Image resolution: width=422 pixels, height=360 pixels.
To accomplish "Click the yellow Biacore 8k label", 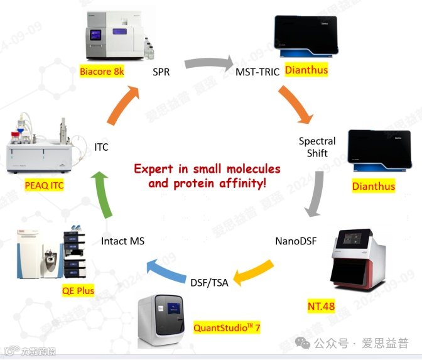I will click(102, 72).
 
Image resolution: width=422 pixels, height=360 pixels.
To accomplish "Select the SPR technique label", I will click(161, 72).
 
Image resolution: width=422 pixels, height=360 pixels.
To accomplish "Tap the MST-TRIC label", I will click(257, 71).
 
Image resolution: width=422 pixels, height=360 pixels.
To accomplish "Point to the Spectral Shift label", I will click(317, 147).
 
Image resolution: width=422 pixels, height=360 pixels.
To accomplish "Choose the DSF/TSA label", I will click(209, 282).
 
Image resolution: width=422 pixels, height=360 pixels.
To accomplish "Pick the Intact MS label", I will click(122, 241).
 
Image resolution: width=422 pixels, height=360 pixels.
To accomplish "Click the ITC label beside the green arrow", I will click(101, 147).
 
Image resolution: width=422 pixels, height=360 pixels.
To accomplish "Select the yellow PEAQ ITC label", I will click(44, 186).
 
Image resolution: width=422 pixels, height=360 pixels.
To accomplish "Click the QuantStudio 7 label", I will click(227, 327).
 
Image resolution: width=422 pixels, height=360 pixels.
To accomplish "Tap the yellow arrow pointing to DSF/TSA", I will click(254, 271).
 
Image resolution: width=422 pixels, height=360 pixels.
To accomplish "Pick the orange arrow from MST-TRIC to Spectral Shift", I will click(295, 103).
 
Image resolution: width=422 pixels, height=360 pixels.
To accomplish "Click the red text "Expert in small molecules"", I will click(207, 169).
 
